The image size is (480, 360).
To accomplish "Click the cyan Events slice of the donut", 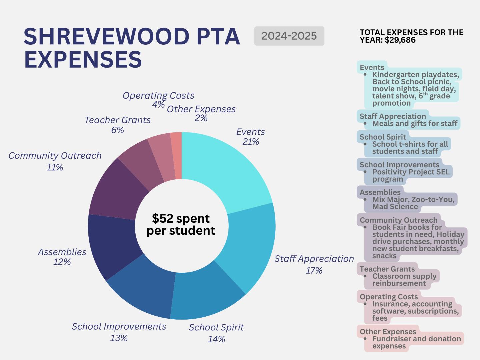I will click(227, 170).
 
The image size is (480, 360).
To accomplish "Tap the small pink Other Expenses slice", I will click(176, 155).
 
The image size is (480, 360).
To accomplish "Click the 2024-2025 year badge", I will click(289, 36).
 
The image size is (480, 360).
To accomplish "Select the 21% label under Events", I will click(251, 142).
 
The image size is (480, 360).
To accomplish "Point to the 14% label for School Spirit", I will click(216, 339).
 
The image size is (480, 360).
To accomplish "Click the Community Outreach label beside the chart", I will click(55, 156).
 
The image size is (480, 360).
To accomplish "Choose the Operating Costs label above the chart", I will click(158, 96).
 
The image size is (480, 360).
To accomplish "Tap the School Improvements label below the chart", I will click(119, 326).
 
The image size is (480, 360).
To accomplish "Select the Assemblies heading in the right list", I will click(380, 192).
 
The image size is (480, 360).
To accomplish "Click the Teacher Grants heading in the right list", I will click(387, 269).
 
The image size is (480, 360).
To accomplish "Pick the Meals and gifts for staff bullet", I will click(415, 124).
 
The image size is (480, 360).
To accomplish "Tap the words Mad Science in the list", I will click(395, 207).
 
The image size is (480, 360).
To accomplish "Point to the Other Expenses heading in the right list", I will click(388, 332).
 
